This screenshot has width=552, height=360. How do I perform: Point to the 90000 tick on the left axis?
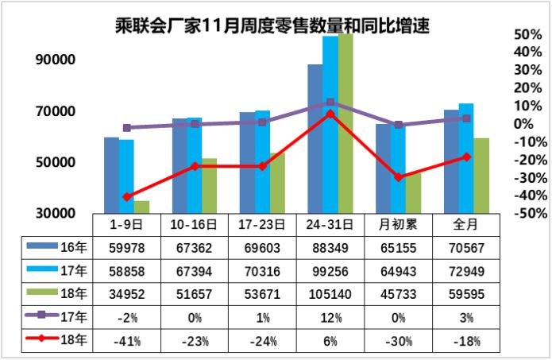pos(53,60)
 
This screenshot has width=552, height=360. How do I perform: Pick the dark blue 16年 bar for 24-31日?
pos(315,139)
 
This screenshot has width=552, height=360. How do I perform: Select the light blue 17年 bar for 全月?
pos(466,159)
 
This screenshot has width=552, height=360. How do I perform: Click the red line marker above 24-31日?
pos(330,114)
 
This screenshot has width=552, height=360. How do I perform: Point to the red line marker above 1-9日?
pos(127,196)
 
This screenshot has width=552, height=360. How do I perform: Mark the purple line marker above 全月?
pos(466,118)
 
